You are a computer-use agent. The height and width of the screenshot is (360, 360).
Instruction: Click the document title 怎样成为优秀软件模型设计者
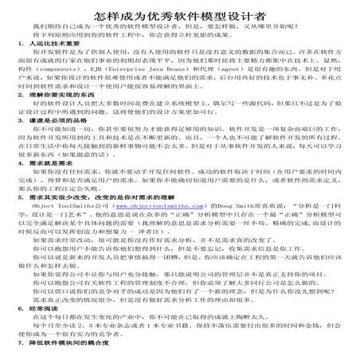[x=180, y=14]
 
